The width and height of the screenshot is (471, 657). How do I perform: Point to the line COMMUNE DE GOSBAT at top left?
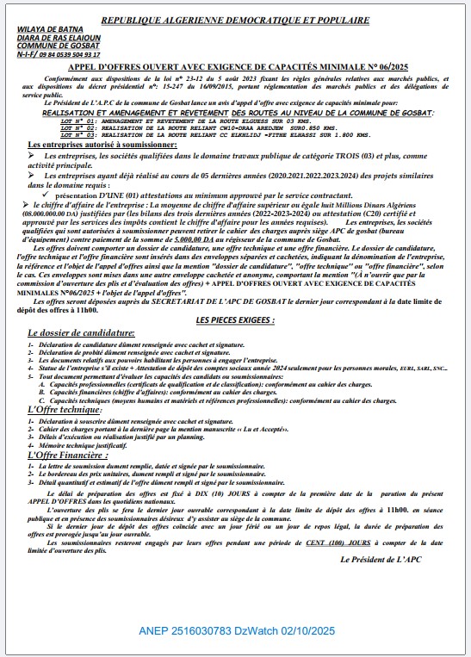point(46,44)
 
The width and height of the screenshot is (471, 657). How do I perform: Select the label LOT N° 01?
point(78,122)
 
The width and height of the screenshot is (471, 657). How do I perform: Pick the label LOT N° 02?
point(78,128)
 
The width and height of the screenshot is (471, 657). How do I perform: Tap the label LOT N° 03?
point(78,134)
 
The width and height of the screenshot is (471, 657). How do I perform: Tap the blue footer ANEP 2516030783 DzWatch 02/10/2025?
point(236,632)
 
